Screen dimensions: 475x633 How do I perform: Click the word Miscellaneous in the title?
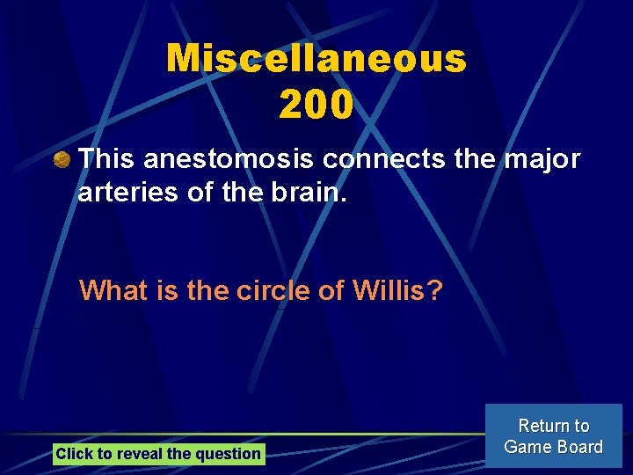click(316, 59)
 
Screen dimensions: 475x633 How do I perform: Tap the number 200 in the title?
click(316, 106)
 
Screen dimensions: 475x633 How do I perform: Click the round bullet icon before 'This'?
click(61, 160)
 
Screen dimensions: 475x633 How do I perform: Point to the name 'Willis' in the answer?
click(387, 290)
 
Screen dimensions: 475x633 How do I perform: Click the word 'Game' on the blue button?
click(526, 447)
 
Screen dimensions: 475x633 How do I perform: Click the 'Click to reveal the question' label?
click(158, 454)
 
